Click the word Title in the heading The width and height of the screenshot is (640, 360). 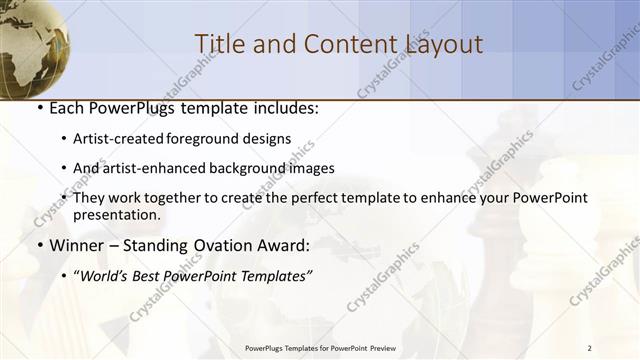tap(217, 44)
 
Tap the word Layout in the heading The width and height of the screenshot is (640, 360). tap(444, 44)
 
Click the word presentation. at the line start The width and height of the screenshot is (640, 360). tap(116, 214)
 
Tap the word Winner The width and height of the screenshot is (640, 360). tap(77, 245)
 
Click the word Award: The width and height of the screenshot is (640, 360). tap(282, 245)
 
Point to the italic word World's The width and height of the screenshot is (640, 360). tap(102, 274)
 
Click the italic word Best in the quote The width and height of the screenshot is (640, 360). tap(147, 274)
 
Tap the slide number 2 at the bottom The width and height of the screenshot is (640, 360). tap(590, 347)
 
